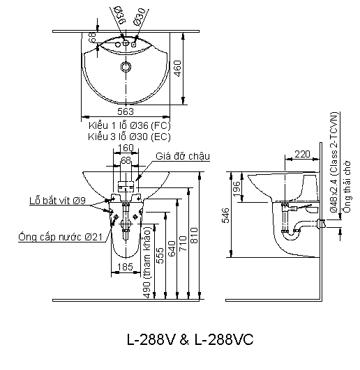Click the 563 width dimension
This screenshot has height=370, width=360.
(x=126, y=111)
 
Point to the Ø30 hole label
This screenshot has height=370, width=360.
(x=139, y=17)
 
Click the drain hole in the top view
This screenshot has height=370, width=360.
(x=126, y=66)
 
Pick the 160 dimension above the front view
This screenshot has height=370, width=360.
(x=126, y=148)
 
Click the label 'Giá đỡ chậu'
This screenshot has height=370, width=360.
(x=183, y=156)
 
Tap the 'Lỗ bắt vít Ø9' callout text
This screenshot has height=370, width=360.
(x=57, y=201)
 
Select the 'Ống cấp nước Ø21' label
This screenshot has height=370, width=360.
(x=60, y=237)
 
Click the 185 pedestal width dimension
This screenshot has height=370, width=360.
(x=126, y=267)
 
